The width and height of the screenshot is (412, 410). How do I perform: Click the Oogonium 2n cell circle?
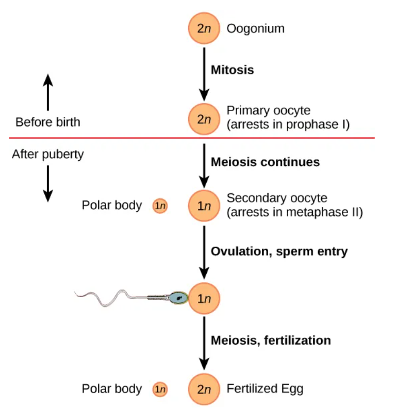(204, 29)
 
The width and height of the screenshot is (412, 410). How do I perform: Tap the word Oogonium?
(255, 28)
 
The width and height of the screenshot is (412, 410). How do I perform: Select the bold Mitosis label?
(233, 70)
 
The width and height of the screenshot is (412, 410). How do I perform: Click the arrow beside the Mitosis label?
(204, 73)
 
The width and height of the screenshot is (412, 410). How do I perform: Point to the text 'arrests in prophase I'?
(288, 124)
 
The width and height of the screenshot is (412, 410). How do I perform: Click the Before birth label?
(47, 122)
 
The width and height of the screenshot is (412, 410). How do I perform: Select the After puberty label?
(47, 154)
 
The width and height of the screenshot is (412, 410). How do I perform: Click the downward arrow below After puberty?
(47, 183)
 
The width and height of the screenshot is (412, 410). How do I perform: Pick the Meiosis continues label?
(265, 162)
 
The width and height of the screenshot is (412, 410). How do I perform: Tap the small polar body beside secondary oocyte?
(160, 206)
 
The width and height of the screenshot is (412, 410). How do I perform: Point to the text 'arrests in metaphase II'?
(294, 212)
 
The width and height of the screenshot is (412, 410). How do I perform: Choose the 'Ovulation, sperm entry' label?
(279, 251)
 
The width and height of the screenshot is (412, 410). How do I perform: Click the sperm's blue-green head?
(179, 297)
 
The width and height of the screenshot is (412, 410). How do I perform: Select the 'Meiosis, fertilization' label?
(271, 340)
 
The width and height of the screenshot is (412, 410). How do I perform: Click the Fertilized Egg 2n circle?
(204, 389)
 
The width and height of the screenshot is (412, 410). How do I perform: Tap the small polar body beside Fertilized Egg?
(160, 389)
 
